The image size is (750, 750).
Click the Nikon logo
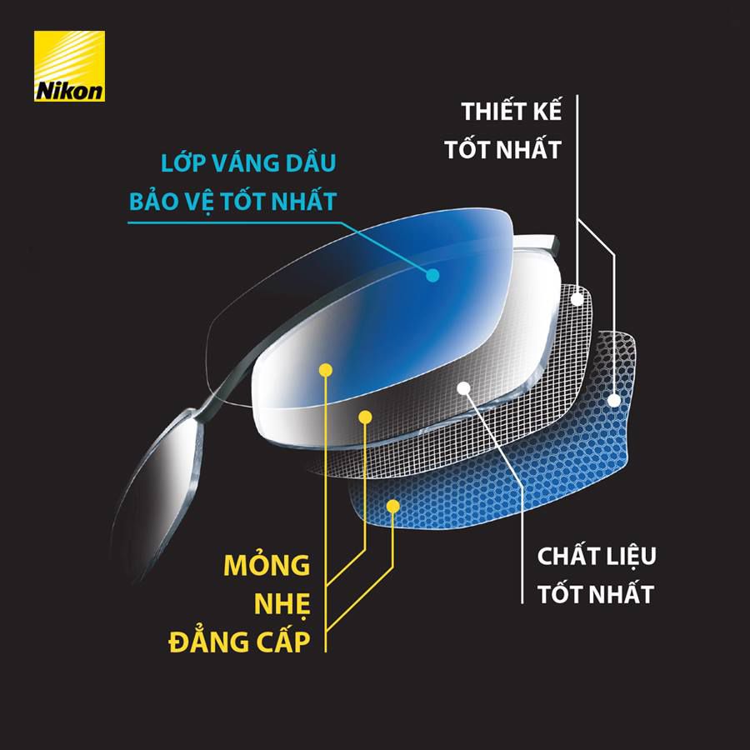click(69, 66)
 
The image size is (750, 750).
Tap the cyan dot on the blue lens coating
click(432, 275)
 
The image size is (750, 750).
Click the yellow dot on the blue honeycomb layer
click(393, 506)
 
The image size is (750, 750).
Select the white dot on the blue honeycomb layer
click(614, 400)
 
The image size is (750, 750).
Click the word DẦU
click(311, 162)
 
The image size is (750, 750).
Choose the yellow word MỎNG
click(267, 564)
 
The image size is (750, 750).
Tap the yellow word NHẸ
click(282, 603)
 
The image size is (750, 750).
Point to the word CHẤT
click(568, 556)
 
